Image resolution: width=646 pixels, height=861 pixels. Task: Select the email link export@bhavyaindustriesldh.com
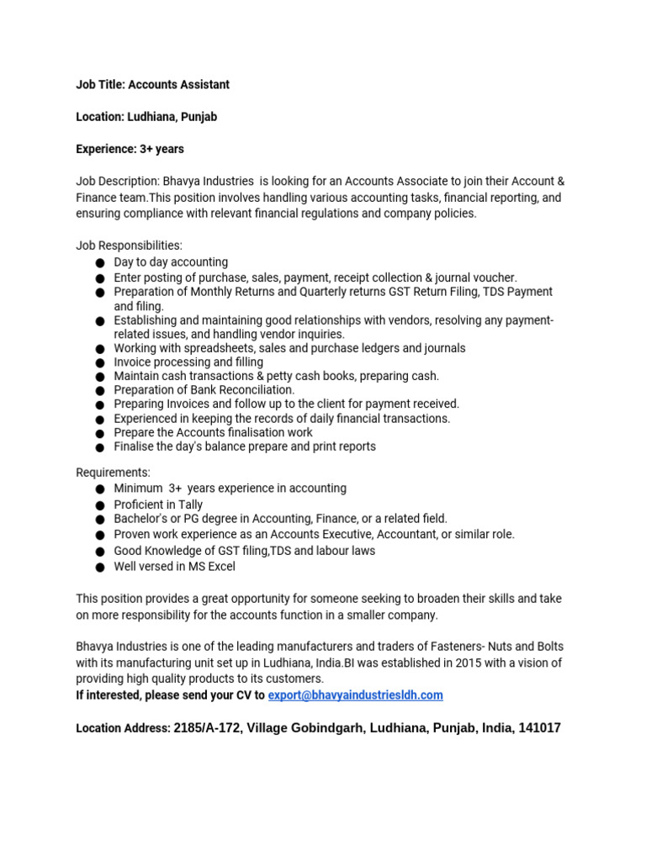click(x=356, y=695)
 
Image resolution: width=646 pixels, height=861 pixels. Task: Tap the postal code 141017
click(x=540, y=728)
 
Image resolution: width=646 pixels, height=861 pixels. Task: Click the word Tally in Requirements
click(x=188, y=504)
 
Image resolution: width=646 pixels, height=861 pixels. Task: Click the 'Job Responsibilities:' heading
click(x=129, y=246)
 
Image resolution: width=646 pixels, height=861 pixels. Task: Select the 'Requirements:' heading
click(x=114, y=473)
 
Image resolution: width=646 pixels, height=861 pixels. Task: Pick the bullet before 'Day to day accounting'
click(x=100, y=263)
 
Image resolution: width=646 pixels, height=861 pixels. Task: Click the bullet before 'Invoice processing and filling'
click(x=100, y=363)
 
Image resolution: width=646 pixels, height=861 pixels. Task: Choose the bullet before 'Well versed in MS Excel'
click(x=100, y=568)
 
